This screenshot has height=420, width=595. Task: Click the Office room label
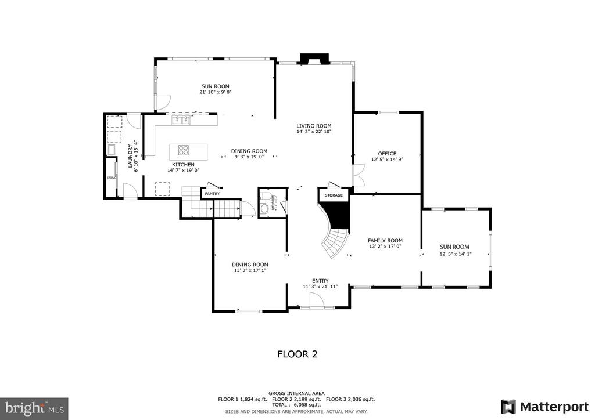(x=387, y=154)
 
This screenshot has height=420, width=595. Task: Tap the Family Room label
(x=385, y=240)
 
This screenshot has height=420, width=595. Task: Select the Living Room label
(x=314, y=126)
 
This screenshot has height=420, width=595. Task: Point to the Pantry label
(x=212, y=193)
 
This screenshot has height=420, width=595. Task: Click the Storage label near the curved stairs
(x=334, y=195)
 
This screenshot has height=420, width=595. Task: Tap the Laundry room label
(x=131, y=156)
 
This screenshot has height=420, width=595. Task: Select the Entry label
(x=320, y=280)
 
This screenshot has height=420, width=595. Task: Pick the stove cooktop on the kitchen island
(x=184, y=150)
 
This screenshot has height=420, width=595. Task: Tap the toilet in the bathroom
(x=266, y=208)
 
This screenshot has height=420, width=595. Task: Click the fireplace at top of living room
(x=314, y=59)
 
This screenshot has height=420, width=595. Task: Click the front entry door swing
(x=316, y=299)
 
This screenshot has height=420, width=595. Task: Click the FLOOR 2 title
(x=297, y=353)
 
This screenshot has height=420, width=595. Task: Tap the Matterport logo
(x=546, y=405)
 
